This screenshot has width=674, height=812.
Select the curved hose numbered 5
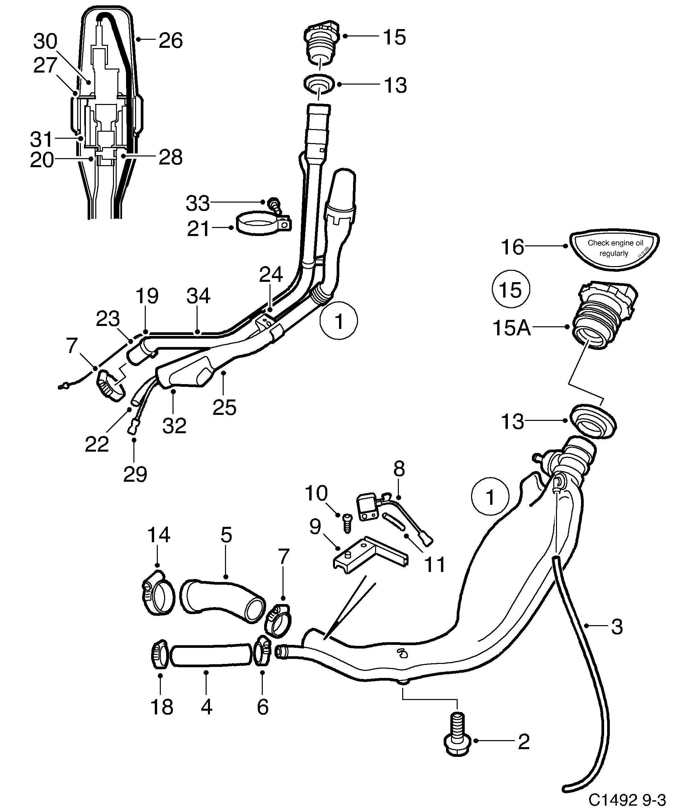[x=223, y=602]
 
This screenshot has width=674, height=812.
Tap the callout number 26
[x=171, y=40]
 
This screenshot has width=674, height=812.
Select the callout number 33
[x=198, y=203]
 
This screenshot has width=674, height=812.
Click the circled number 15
[x=511, y=289]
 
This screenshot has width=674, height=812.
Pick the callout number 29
[x=135, y=474]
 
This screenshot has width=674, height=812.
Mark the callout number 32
[x=175, y=425]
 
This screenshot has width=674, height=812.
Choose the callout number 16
[x=513, y=247]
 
